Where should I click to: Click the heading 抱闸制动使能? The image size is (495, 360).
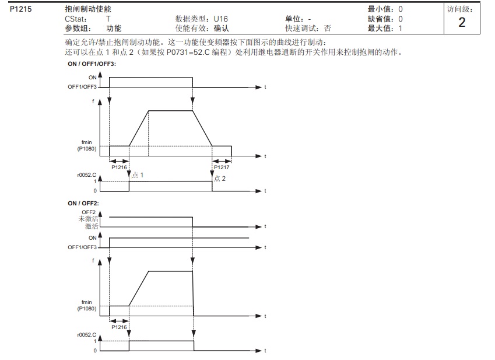pyautogui.click(x=87, y=9)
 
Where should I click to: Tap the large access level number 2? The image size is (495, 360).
pyautogui.click(x=462, y=23)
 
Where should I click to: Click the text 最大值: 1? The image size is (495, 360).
pyautogui.click(x=385, y=28)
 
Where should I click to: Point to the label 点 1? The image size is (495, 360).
pyautogui.click(x=138, y=175)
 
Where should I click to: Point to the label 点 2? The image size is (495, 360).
pyautogui.click(x=220, y=178)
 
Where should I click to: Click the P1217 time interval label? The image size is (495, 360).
pyautogui.click(x=222, y=167)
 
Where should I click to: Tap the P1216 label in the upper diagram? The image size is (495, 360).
pyautogui.click(x=120, y=167)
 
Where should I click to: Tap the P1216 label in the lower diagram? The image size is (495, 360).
pyautogui.click(x=119, y=327)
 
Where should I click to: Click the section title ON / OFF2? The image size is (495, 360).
pyautogui.click(x=83, y=203)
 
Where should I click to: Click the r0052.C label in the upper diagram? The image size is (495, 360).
pyautogui.click(x=87, y=174)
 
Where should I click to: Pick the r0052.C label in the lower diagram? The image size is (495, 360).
pyautogui.click(x=87, y=334)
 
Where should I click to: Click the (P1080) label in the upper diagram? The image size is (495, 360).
pyautogui.click(x=87, y=149)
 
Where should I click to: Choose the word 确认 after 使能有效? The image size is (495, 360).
pyautogui.click(x=222, y=28)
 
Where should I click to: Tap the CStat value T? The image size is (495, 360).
pyautogui.click(x=108, y=19)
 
